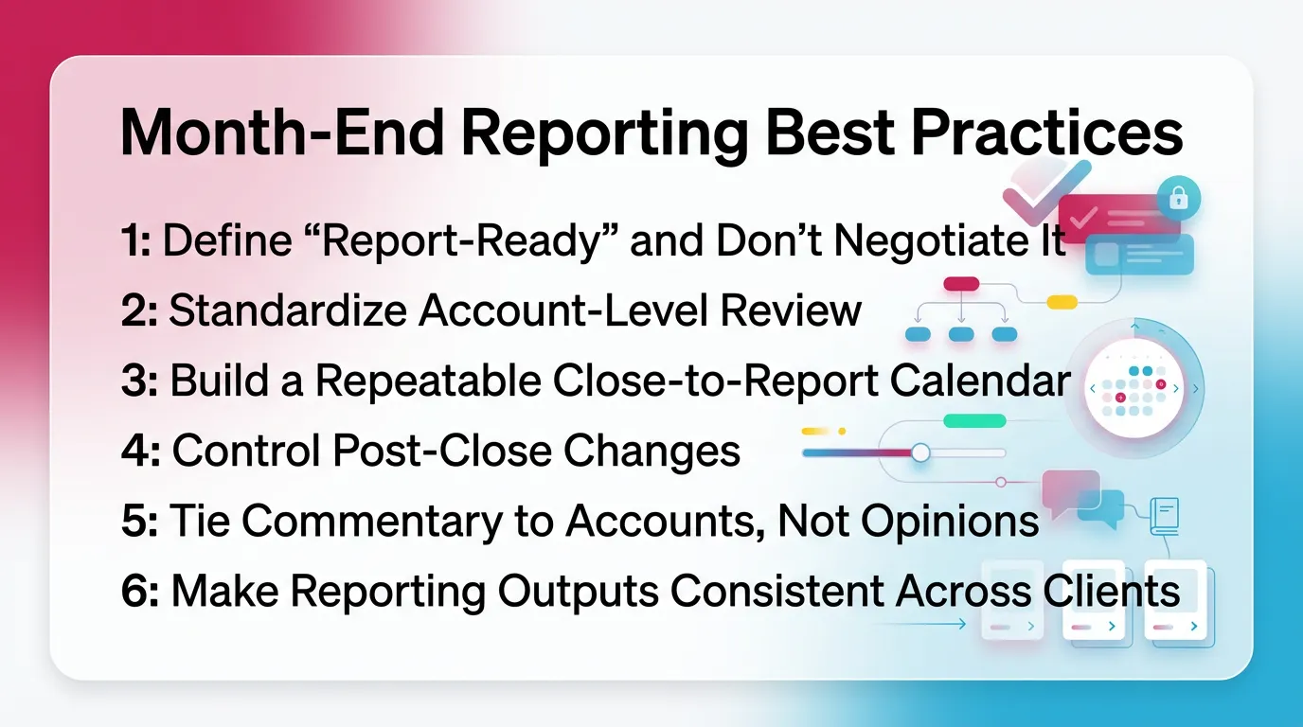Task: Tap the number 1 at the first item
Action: pyautogui.click(x=131, y=242)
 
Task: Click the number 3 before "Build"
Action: pyautogui.click(x=134, y=381)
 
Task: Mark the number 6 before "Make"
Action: pyautogui.click(x=134, y=591)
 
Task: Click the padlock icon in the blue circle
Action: pyautogui.click(x=1178, y=198)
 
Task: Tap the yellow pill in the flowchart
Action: pyautogui.click(x=1062, y=302)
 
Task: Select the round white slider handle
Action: pyautogui.click(x=919, y=453)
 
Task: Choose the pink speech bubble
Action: pyautogui.click(x=1069, y=488)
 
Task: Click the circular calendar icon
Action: pyautogui.click(x=1133, y=389)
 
